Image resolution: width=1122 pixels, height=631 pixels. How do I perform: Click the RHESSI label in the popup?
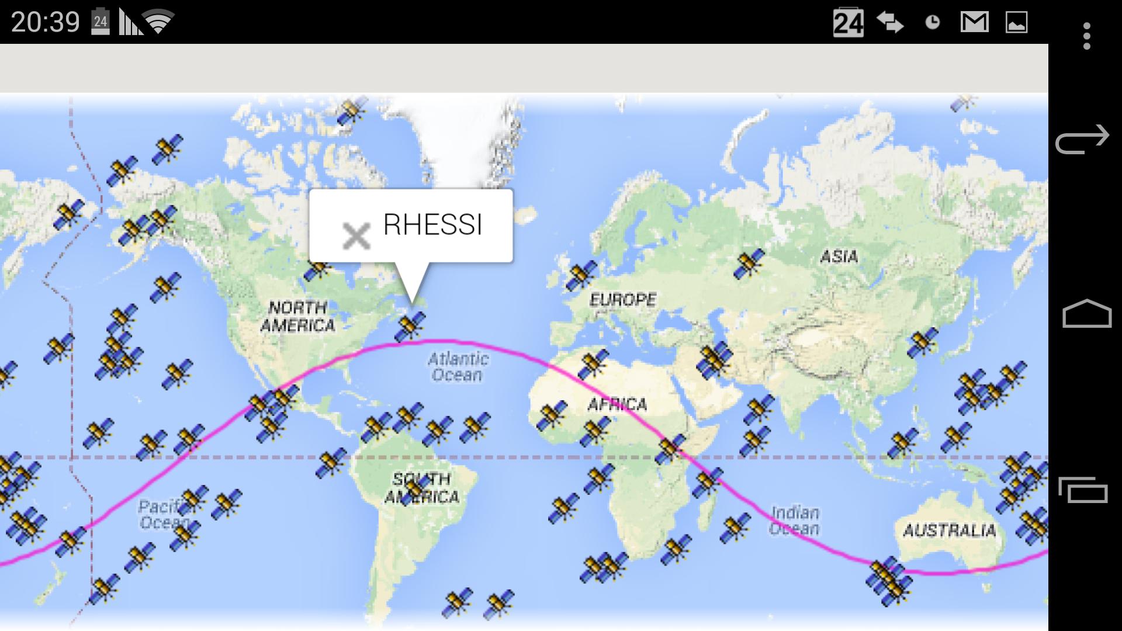tap(432, 225)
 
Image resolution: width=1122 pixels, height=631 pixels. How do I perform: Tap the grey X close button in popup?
tap(356, 236)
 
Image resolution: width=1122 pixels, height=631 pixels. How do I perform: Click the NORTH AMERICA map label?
tap(297, 316)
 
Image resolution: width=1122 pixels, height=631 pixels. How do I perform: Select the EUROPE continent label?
tap(622, 300)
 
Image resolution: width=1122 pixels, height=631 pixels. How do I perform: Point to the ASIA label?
tap(839, 256)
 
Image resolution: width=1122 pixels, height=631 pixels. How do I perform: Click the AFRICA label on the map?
tap(617, 404)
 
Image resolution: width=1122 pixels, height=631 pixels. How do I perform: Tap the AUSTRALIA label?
tap(949, 531)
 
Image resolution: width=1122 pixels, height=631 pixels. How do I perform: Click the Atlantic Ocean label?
tap(458, 366)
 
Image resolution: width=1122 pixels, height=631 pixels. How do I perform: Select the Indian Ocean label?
tap(795, 521)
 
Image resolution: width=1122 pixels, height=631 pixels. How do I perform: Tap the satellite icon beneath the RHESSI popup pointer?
tap(410, 326)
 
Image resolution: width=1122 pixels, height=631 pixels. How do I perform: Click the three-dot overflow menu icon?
tap(1086, 36)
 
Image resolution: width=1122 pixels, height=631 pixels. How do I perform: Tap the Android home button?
tap(1086, 314)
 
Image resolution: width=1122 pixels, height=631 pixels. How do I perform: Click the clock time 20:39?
tap(45, 22)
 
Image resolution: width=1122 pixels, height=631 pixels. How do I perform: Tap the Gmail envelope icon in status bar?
tap(974, 22)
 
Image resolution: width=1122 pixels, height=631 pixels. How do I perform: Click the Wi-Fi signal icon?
tap(158, 22)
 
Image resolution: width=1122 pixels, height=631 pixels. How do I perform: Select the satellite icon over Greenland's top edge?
tap(352, 110)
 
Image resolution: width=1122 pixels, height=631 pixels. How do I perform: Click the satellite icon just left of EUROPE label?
tap(580, 276)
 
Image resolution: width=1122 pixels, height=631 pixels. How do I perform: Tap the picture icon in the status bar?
tap(1016, 22)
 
